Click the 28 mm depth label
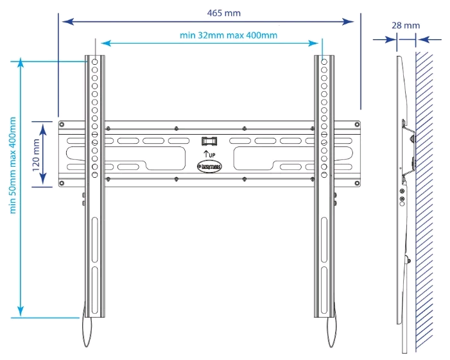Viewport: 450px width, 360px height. pyautogui.click(x=405, y=26)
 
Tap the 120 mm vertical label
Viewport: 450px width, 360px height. pyautogui.click(x=37, y=153)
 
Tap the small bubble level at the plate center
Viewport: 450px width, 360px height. pyautogui.click(x=209, y=140)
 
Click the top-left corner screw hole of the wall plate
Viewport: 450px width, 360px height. pyautogui.click(x=62, y=124)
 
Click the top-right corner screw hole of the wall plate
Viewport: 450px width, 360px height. pyautogui.click(x=356, y=124)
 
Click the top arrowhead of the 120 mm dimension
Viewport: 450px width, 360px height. pyautogui.click(x=42, y=123)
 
